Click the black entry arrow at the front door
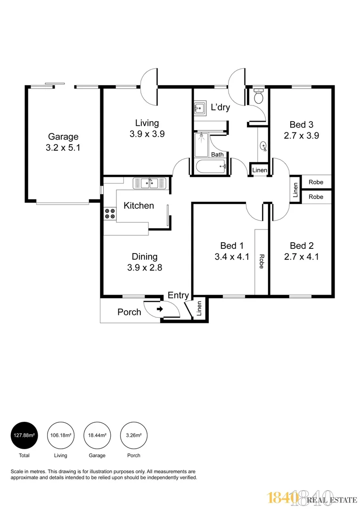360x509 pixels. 160,309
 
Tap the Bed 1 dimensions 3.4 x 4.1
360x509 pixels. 232,257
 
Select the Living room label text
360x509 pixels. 147,123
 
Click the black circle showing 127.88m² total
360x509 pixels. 24,435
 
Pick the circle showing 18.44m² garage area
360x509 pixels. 97,435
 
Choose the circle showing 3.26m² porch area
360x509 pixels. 133,435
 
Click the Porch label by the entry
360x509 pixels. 129,312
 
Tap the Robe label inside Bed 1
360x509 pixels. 261,262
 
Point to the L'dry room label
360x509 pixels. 220,107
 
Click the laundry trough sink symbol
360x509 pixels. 199,108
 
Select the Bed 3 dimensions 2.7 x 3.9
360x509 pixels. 301,136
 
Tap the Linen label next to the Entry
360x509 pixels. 199,309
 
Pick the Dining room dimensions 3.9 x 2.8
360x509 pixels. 144,268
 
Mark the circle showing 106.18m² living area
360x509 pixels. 60,435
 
